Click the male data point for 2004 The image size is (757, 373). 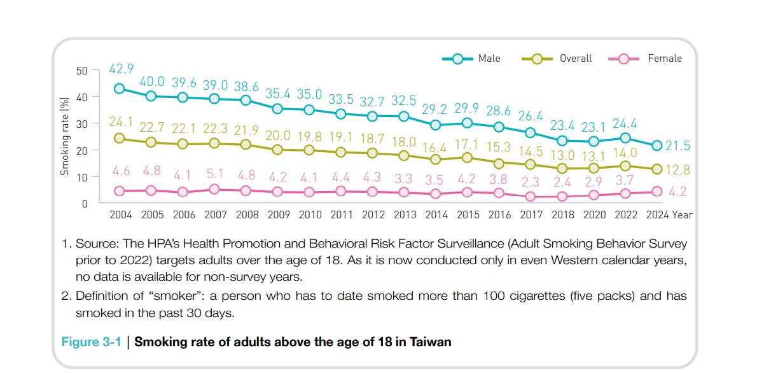[x=120, y=88]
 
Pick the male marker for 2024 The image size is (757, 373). [x=657, y=146]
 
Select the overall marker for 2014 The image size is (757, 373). [x=436, y=159]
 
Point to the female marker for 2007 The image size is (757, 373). [x=214, y=189]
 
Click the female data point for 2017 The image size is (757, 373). [x=530, y=197]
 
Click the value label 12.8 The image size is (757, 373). [x=678, y=170]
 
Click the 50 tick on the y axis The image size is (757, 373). [x=81, y=70]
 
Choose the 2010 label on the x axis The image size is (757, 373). [x=310, y=215]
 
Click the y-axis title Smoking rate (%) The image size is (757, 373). [x=64, y=136]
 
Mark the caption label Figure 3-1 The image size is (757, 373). [x=91, y=342]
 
